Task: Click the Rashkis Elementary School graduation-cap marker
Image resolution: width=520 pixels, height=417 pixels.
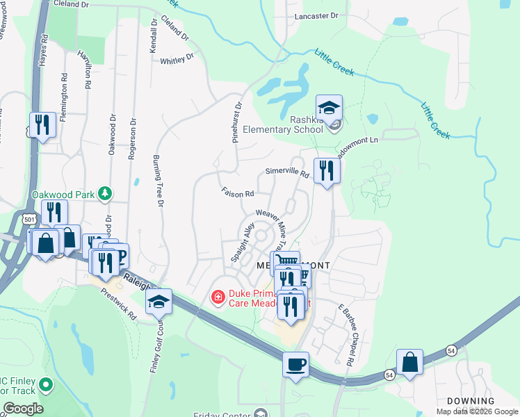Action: [330, 108]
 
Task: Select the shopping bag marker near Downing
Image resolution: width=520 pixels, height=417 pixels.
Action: [409, 362]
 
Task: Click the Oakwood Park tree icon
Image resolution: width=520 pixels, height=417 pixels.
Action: [105, 193]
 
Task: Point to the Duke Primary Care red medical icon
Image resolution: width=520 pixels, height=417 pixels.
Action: [218, 297]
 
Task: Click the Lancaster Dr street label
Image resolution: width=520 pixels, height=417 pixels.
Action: [316, 15]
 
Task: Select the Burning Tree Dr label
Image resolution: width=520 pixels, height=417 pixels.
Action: [158, 181]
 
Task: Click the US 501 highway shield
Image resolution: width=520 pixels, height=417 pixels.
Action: [29, 220]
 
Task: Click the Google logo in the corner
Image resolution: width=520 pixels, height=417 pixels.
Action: [22, 409]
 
